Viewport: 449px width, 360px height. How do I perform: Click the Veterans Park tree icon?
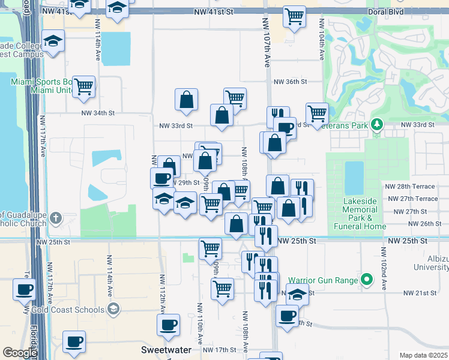click(x=377, y=124)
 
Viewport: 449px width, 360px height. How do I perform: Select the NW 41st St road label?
click(x=213, y=11)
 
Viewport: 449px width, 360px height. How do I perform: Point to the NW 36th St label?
click(x=290, y=82)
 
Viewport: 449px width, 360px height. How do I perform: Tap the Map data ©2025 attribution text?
click(x=423, y=355)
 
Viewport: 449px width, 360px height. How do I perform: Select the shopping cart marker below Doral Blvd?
click(x=294, y=16)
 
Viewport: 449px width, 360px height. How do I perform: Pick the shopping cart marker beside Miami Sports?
click(x=84, y=87)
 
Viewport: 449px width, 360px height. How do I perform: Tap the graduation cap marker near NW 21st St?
click(x=297, y=295)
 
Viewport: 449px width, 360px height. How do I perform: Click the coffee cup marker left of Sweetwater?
click(x=74, y=341)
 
